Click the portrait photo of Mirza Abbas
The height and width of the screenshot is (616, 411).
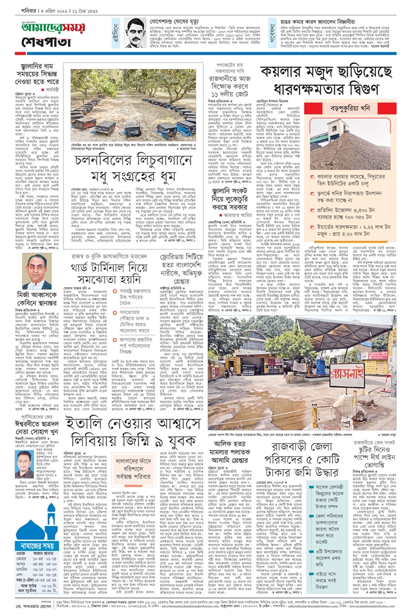36,272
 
